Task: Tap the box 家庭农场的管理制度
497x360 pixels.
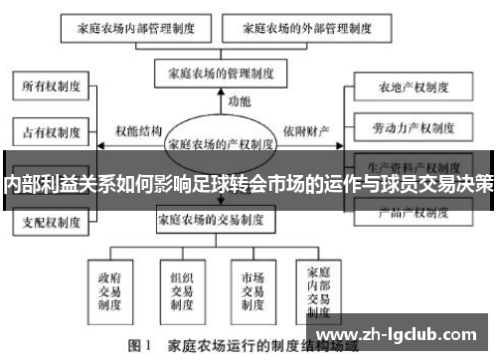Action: [x=219, y=73]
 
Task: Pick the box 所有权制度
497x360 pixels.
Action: [x=49, y=88]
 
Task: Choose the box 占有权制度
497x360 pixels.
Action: [x=49, y=130]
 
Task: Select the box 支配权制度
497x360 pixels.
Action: [x=49, y=221]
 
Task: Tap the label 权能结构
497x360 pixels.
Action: [x=138, y=130]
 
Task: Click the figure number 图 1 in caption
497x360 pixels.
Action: [x=137, y=347]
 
